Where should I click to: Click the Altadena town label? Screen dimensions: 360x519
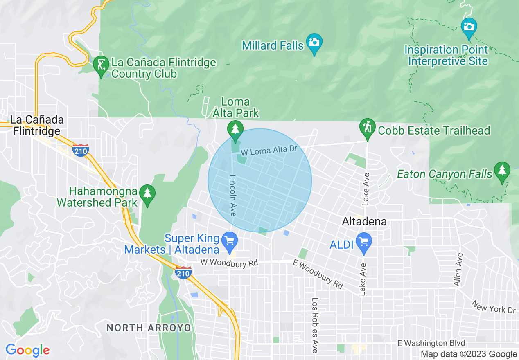point(364,222)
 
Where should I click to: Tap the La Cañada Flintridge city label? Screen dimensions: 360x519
point(37,125)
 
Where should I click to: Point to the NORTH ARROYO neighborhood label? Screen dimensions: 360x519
point(149,328)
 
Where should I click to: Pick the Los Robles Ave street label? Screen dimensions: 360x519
point(314,325)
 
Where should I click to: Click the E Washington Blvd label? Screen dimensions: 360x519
point(431,343)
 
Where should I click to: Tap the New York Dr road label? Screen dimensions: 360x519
point(493,307)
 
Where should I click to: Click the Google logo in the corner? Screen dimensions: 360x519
point(27,350)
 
